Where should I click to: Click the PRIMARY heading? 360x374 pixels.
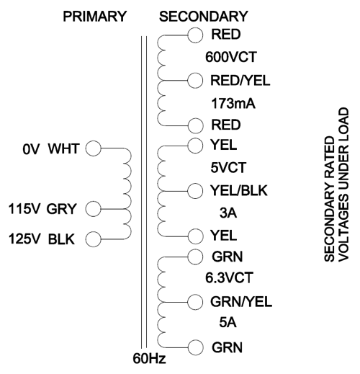point(94,17)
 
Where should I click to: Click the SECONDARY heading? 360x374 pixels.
point(203,17)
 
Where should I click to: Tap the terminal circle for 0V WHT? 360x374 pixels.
point(94,148)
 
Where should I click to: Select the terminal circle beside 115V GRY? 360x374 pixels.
point(94,209)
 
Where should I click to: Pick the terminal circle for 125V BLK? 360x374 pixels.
point(94,239)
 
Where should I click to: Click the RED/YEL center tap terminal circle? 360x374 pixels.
point(195,81)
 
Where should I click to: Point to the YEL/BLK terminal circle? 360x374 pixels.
point(195,191)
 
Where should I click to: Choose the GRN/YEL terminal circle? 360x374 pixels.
point(195,302)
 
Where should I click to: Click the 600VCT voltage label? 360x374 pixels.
point(231,57)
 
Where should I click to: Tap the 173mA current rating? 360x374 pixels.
point(233,104)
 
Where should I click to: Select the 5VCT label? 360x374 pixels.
point(228,168)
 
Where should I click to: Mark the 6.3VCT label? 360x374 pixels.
point(229,277)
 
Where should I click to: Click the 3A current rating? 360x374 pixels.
point(228,213)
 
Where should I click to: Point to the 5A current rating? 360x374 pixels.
point(228,322)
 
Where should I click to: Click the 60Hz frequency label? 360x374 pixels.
point(149,359)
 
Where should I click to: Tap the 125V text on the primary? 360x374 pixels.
point(24,239)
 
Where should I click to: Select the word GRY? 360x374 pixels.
point(61,209)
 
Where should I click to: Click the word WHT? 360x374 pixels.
point(63,148)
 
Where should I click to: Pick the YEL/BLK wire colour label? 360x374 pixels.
point(239,191)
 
